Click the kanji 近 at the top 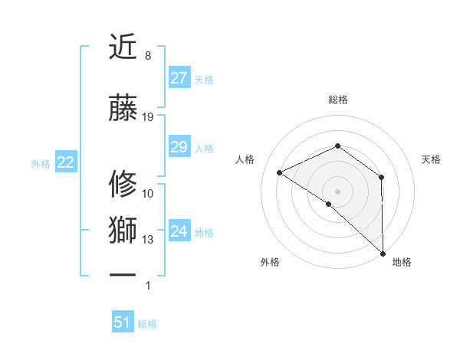click(123, 47)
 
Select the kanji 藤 click(123, 109)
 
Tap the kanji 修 click(123, 185)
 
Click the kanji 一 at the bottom click(123, 273)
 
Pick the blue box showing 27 click(179, 78)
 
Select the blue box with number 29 click(179, 147)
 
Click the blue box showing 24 click(179, 232)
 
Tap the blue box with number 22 click(65, 162)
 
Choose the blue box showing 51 click(123, 322)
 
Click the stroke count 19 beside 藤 click(148, 117)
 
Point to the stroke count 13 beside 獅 click(148, 240)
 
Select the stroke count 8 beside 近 click(148, 56)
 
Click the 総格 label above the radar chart click(338, 100)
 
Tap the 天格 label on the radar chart click(432, 159)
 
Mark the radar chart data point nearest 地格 click(383, 252)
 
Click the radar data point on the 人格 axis click(280, 172)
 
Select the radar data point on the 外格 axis click(329, 204)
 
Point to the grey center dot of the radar click(337, 191)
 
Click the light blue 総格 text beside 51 click(147, 324)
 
